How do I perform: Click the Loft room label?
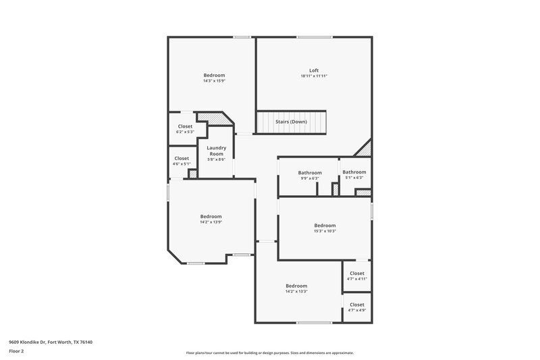click(314, 70)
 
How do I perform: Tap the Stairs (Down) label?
click(291, 122)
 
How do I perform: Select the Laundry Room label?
click(216, 151)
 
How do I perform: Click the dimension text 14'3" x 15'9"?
click(214, 81)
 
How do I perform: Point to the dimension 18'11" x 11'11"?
click(314, 76)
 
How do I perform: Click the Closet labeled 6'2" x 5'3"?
click(185, 126)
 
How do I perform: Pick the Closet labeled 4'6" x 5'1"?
click(181, 158)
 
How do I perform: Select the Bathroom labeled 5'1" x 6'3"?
click(354, 172)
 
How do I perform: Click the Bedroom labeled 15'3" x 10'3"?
click(325, 226)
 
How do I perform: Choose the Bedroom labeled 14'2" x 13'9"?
click(211, 216)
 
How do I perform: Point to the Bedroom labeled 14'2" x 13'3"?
click(296, 286)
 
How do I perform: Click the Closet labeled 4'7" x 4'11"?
click(357, 274)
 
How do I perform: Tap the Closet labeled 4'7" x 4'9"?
click(357, 305)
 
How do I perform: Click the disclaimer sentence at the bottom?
click(269, 353)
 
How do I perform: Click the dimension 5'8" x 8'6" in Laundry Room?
click(216, 159)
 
